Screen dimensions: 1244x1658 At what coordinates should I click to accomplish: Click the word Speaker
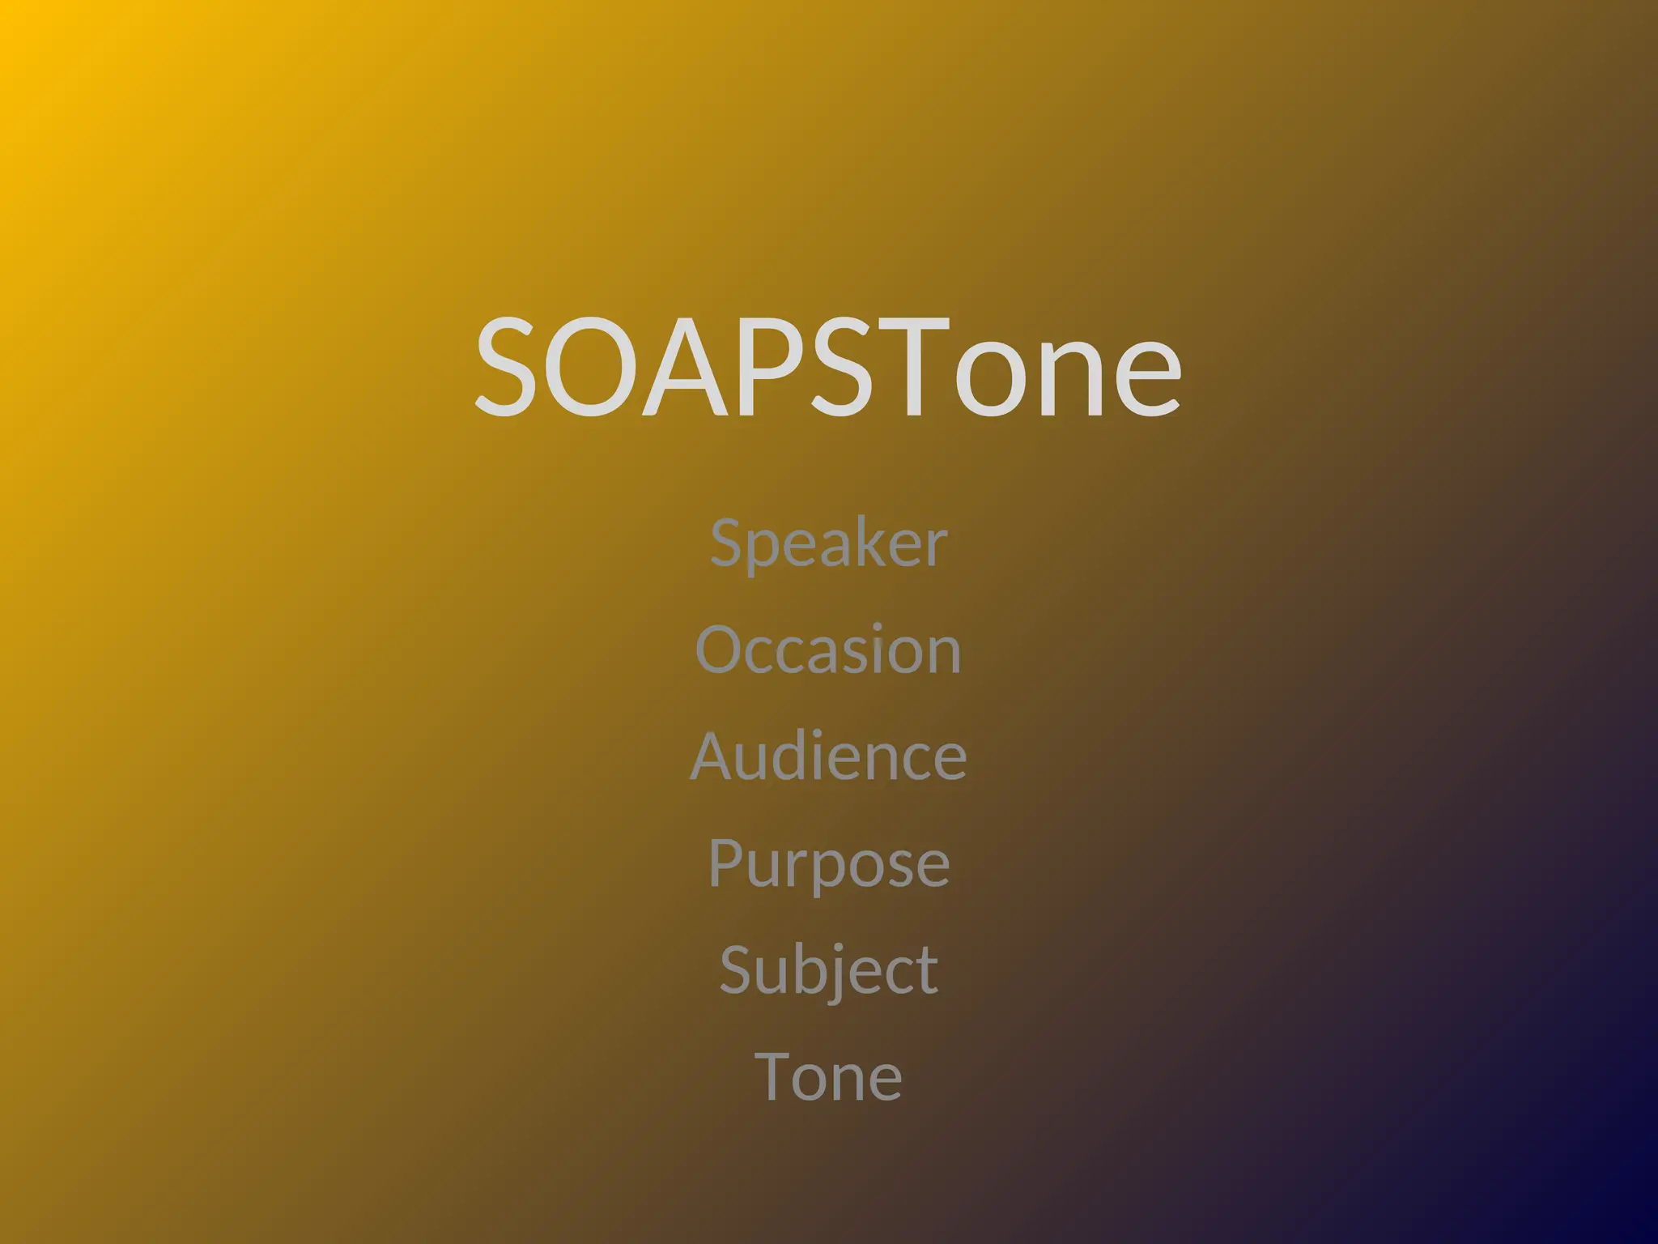click(828, 543)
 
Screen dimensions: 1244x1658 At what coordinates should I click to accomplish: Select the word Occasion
click(828, 650)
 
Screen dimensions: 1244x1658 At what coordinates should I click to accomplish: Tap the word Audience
click(828, 756)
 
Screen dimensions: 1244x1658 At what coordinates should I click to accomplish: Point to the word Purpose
click(828, 863)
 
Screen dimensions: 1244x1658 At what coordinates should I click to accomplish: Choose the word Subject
click(828, 969)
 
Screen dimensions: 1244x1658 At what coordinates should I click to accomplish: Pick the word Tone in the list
click(828, 1076)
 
